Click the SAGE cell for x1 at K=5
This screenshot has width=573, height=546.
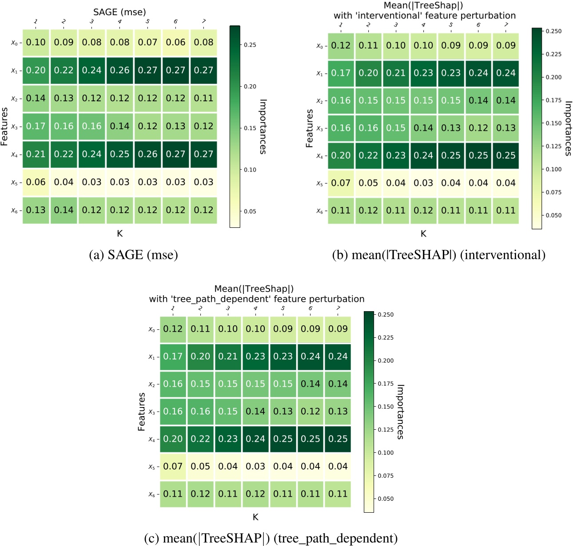[147, 70]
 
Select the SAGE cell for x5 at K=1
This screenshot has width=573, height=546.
[36, 182]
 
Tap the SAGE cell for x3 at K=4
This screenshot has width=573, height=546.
[119, 126]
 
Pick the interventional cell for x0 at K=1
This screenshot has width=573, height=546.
[341, 45]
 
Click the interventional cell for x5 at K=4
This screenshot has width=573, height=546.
[423, 183]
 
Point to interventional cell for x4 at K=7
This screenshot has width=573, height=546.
[506, 155]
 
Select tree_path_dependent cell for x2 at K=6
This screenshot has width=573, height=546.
[310, 384]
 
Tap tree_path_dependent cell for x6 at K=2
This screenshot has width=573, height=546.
[200, 494]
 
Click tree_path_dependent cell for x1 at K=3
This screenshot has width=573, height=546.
[228, 356]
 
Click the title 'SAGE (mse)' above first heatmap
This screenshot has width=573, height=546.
[119, 12]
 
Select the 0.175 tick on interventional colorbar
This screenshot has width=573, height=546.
[553, 100]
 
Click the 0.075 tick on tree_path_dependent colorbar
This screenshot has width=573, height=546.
[385, 476]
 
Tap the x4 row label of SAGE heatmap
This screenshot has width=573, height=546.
[15, 154]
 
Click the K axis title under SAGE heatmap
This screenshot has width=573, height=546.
[119, 233]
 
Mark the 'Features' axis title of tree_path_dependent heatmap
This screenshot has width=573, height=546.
[142, 411]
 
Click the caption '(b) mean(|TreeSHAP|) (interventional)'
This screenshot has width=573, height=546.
[439, 255]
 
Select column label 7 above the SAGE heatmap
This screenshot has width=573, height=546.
[203, 21]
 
